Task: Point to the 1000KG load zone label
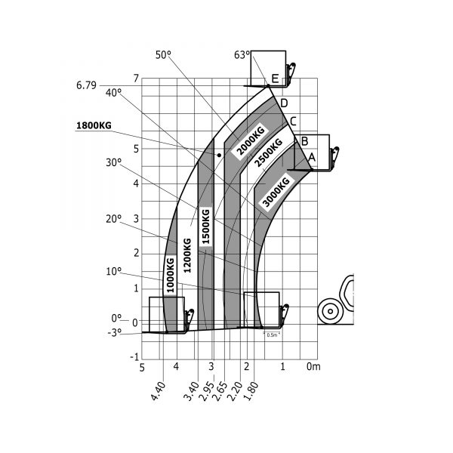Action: tap(170, 276)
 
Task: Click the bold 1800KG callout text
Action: tap(94, 125)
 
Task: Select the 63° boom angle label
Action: tap(242, 54)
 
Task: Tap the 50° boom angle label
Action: tap(164, 54)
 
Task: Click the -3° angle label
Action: tap(114, 332)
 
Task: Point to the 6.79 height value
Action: tap(86, 85)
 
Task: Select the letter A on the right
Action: tap(311, 157)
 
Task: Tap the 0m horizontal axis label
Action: tap(313, 367)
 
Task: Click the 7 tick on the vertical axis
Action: tap(136, 79)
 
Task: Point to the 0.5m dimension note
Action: tap(272, 334)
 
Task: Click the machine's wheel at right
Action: tap(330, 310)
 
